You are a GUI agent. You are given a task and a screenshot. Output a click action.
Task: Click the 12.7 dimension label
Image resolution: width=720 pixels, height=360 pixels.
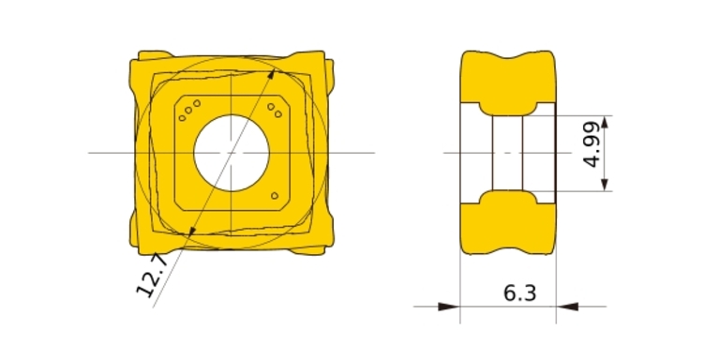[x=153, y=275]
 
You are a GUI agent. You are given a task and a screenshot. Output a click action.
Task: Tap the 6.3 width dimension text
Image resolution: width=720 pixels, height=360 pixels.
[x=519, y=292]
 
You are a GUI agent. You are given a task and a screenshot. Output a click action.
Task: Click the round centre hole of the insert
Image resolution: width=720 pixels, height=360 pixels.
[x=232, y=154]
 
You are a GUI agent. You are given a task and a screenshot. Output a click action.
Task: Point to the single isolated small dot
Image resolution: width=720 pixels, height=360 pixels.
[x=275, y=196]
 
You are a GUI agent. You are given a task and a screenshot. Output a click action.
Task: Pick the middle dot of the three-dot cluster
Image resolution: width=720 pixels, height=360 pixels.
[x=188, y=111]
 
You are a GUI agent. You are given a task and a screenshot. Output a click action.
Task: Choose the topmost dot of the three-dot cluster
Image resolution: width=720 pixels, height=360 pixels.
[x=197, y=103]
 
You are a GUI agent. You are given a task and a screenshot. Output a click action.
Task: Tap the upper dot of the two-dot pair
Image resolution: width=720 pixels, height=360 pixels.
[x=271, y=107]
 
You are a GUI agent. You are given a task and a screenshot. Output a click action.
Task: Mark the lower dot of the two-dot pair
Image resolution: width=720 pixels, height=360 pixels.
[x=277, y=113]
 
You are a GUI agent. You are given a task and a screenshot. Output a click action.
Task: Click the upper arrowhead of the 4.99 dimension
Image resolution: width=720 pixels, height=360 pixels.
[x=605, y=122]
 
